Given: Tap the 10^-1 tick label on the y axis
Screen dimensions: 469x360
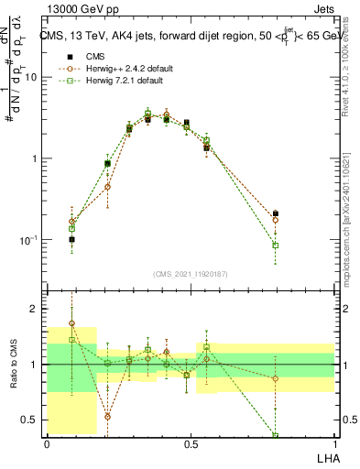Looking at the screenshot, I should tap(30, 240).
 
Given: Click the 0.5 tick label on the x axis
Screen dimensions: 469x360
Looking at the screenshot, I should tap(191, 442).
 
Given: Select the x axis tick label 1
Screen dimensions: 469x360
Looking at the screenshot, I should tap(333, 442).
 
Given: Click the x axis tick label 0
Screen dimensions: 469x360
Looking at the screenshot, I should tap(48, 442).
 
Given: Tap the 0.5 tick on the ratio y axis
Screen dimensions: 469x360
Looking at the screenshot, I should tap(35, 420).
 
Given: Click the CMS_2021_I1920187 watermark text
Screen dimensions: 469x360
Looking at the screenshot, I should tap(191, 274).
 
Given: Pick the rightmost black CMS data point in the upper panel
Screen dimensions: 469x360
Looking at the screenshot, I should tap(276, 213).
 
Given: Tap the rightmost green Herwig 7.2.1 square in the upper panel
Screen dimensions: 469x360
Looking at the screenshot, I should tap(276, 245).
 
